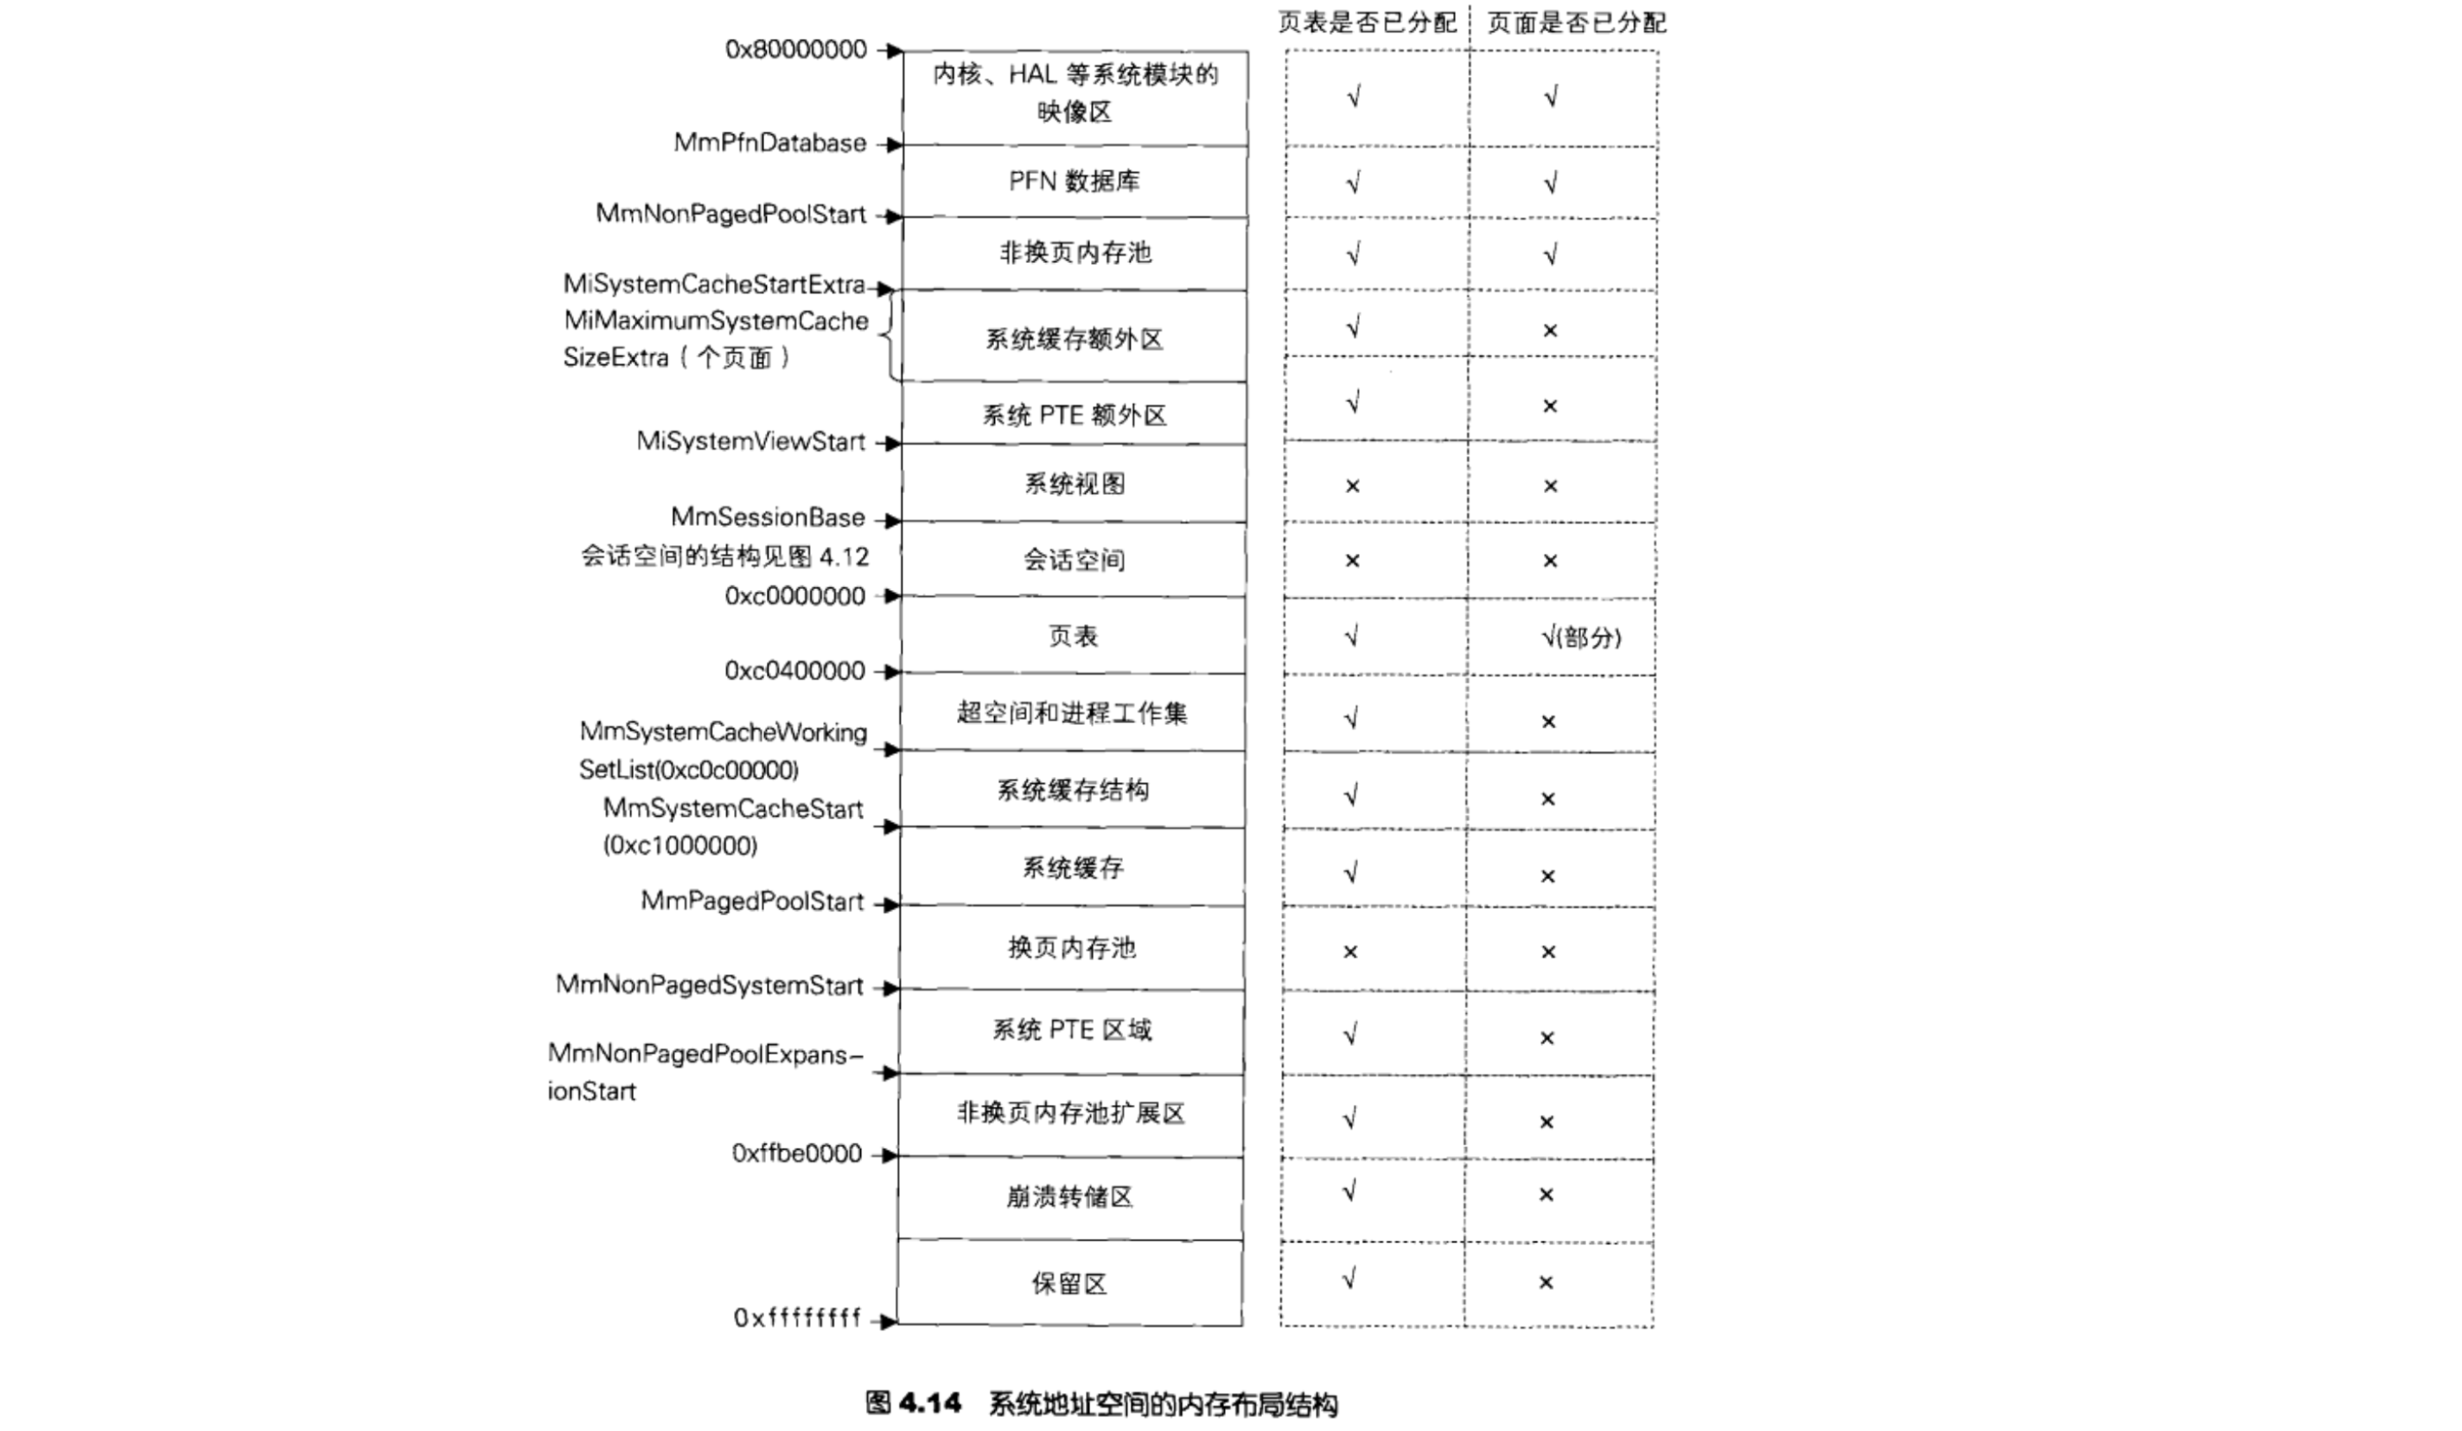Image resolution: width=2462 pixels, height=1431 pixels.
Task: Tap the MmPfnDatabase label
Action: pos(770,143)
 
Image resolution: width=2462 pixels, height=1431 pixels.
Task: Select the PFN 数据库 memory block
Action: pos(1074,182)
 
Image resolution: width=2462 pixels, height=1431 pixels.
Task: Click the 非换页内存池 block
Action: pos(1075,253)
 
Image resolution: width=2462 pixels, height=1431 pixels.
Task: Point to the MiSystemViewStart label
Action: pos(750,442)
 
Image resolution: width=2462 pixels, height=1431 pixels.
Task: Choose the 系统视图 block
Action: pos(1074,484)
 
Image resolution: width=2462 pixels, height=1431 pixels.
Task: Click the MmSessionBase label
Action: pos(767,517)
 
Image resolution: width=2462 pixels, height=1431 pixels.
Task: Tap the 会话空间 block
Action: pos(1074,560)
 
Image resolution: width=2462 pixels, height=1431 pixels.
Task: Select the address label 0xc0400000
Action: pos(794,671)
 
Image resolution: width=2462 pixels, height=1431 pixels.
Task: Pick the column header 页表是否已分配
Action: pos(1367,22)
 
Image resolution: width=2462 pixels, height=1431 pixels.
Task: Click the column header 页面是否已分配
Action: pos(1576,22)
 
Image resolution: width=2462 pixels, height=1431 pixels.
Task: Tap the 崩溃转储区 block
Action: pos(1070,1197)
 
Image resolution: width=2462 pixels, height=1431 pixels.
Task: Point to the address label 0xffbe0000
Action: pos(796,1153)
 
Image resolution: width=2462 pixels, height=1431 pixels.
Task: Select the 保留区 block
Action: pos(1070,1283)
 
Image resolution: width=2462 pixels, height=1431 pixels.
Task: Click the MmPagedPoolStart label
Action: pos(751,902)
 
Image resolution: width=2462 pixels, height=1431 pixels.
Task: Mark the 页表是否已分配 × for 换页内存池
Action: pos(1350,952)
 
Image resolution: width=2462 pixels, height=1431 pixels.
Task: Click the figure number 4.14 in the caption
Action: pos(929,1403)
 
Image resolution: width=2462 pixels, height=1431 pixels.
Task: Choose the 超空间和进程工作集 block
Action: pos(1072,714)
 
